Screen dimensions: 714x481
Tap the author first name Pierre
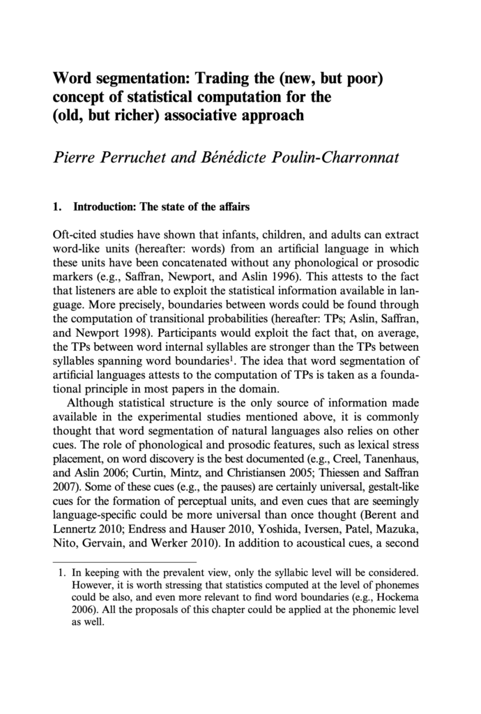tap(77, 157)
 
